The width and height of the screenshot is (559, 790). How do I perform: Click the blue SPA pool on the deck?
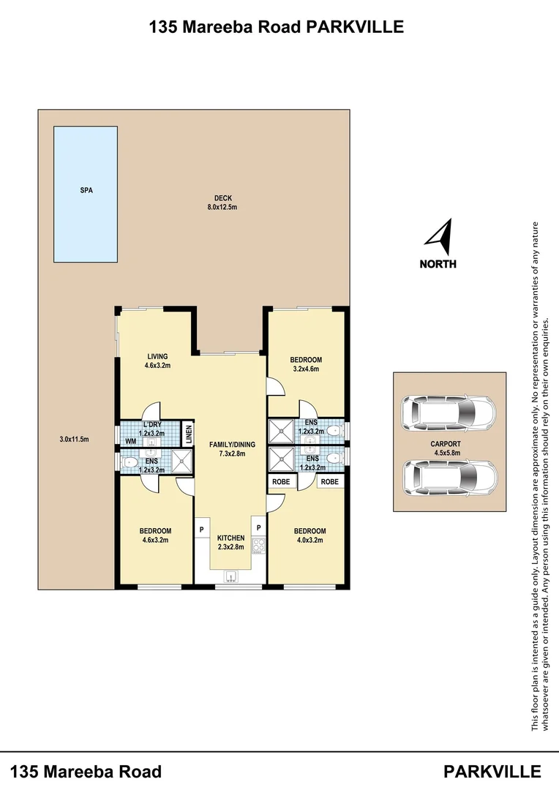pos(86,194)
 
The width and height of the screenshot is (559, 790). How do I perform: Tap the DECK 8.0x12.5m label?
pos(222,203)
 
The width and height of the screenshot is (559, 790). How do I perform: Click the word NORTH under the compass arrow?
pos(438,264)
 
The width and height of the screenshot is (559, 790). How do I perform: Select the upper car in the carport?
pos(448,413)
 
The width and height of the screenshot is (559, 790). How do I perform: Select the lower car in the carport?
pos(449,477)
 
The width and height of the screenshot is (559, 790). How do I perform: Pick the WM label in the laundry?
pos(131,441)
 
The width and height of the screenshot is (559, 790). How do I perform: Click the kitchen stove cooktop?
pos(258,546)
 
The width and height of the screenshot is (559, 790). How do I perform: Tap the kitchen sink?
pos(230,576)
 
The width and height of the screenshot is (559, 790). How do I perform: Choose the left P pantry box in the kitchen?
pos(200,528)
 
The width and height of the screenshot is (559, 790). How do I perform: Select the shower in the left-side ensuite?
pos(180,460)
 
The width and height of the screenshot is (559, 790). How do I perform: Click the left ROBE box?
pos(281,482)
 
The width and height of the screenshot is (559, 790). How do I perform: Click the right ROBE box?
pos(329,482)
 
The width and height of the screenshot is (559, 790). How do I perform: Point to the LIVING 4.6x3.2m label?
pos(157,361)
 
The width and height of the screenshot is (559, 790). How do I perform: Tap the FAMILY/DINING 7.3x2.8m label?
pos(232,448)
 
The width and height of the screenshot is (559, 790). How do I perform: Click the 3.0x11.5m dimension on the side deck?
pos(74,440)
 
